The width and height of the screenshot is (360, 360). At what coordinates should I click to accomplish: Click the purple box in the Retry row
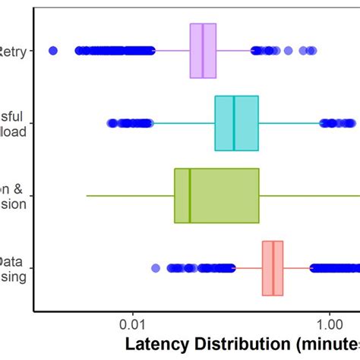point(196,51)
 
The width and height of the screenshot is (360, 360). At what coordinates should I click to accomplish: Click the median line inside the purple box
point(203,51)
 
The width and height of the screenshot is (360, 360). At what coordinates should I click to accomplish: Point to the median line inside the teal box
point(234,123)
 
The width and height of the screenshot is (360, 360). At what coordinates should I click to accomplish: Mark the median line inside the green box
point(189,195)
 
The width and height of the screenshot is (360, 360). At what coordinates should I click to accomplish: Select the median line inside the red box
point(273,268)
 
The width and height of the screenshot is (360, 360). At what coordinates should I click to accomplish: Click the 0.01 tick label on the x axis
point(133,322)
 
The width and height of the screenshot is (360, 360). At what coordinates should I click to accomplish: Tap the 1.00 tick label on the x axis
point(329,322)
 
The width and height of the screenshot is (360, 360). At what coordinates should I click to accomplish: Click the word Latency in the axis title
point(156,343)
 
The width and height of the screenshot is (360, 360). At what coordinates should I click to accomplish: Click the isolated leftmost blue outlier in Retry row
point(52,51)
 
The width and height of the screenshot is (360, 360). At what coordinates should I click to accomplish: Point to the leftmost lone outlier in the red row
point(156,268)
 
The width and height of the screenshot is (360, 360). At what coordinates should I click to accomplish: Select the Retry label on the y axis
point(14,51)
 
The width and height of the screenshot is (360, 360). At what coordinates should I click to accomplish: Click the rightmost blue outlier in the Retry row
point(311,51)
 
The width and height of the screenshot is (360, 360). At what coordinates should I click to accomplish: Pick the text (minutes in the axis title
point(327,343)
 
